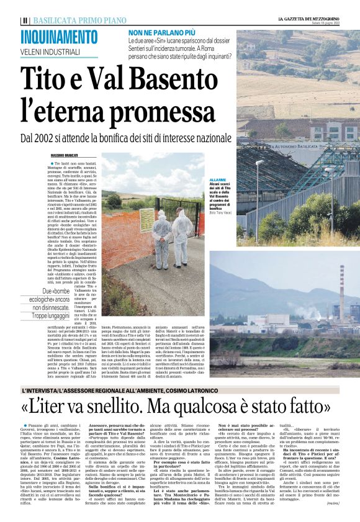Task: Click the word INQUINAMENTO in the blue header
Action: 60,37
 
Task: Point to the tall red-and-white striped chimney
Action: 341,292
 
